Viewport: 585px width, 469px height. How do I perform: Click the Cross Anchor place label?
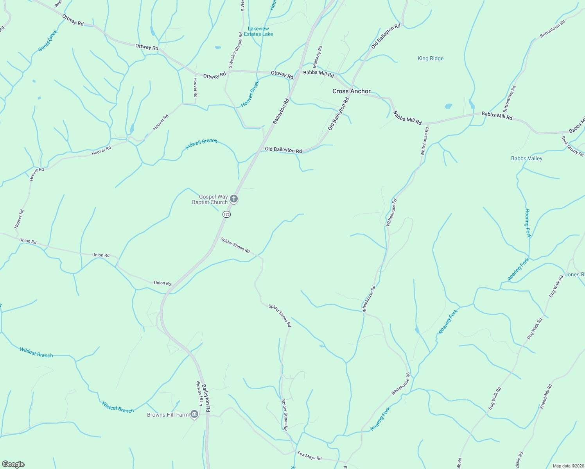pos(351,91)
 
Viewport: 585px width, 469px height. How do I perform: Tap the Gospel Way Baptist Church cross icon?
pos(233,199)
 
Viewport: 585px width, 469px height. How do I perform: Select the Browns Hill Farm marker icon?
pos(194,415)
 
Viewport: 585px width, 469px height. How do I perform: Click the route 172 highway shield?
pos(227,215)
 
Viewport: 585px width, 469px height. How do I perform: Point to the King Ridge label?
pos(431,59)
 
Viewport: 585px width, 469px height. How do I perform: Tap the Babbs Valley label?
pos(526,158)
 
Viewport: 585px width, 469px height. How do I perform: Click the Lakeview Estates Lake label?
pos(258,31)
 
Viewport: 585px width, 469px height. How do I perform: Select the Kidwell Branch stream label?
pos(201,144)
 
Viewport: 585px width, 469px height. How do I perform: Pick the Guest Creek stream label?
pos(48,41)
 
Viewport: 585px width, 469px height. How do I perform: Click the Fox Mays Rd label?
pos(309,456)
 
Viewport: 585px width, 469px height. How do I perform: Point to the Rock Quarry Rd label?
pos(572,146)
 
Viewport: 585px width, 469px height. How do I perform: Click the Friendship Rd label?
pos(546,396)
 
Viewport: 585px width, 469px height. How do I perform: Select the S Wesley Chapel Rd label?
pos(236,50)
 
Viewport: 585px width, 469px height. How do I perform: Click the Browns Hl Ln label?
pos(199,393)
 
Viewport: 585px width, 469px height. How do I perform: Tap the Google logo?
pos(13,464)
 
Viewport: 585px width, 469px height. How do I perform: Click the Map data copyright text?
pos(568,466)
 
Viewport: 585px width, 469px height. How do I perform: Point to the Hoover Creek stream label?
pos(250,94)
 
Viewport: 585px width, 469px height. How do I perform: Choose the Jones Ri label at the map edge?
pos(574,274)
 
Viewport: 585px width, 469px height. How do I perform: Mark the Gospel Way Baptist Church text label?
pos(210,199)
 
